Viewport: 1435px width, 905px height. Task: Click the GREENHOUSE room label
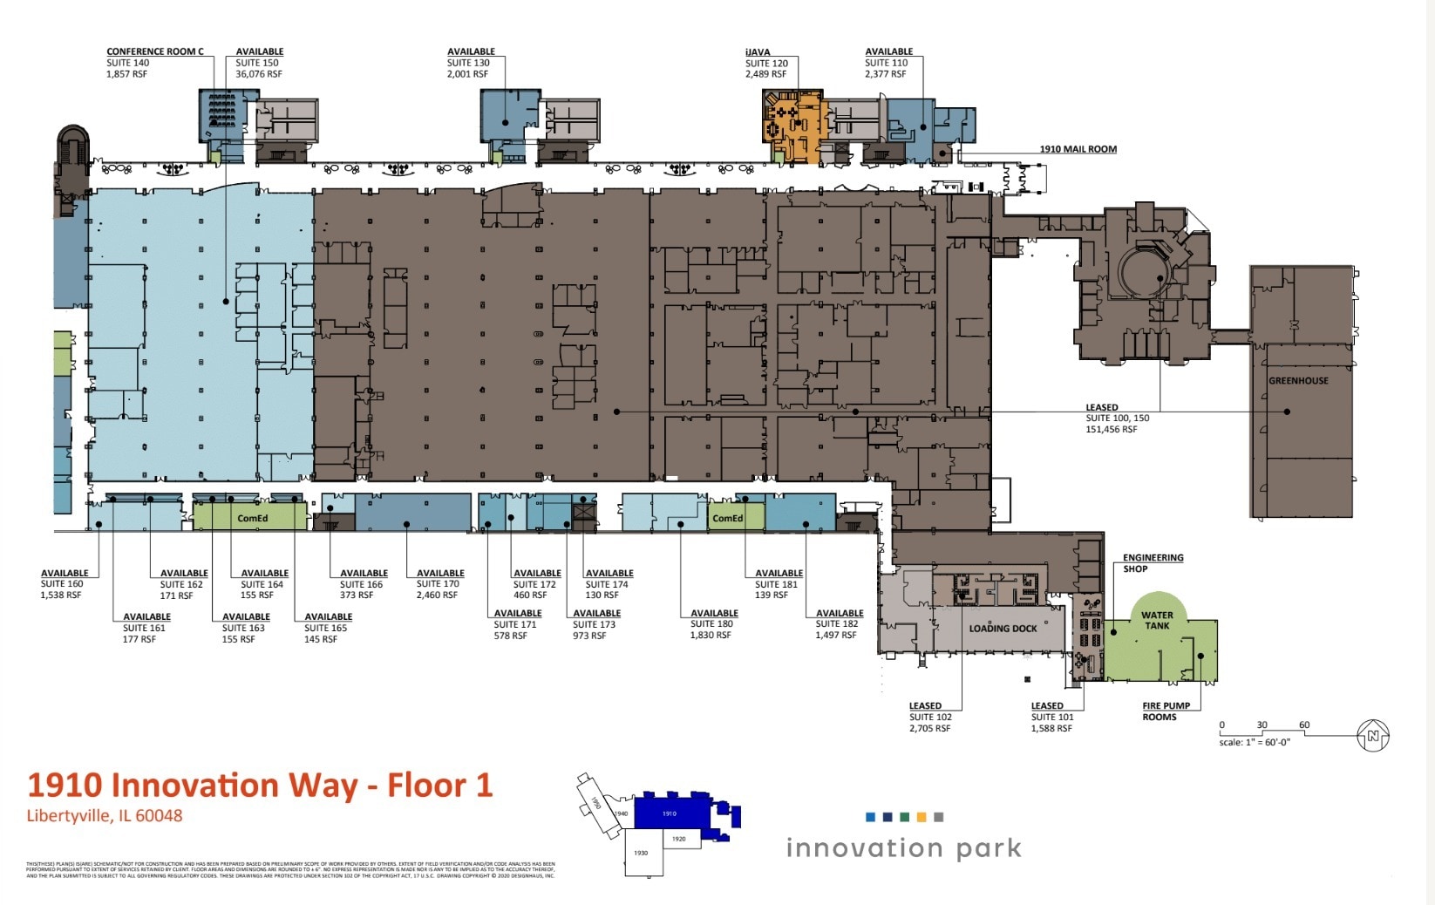1298,381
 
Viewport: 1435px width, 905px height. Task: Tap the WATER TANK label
1157,620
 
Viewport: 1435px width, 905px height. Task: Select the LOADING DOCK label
1003,629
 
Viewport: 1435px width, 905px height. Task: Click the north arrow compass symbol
1373,736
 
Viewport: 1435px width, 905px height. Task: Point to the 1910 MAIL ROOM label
1078,149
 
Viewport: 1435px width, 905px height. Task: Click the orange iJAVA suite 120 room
798,126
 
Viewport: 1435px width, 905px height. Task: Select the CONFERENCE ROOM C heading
155,51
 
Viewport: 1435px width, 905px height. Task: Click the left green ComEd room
252,518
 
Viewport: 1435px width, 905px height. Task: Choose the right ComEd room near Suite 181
728,518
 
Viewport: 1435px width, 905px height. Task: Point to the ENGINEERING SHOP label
1153,563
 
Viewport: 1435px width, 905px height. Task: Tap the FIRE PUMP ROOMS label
1166,711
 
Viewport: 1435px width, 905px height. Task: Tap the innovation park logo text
903,847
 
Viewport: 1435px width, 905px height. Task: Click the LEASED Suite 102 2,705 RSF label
929,718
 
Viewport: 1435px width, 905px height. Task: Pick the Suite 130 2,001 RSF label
470,68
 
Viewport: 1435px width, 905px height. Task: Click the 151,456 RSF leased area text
1111,429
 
